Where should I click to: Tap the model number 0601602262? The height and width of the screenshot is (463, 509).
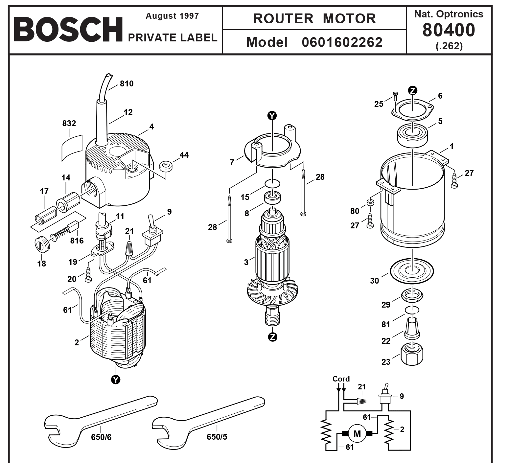(x=342, y=42)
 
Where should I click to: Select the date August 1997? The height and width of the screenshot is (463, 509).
(x=172, y=16)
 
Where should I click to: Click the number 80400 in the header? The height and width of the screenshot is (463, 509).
(x=449, y=30)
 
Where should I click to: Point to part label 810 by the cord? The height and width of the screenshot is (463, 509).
(x=127, y=83)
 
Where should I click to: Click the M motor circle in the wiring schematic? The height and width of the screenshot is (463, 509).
(x=357, y=434)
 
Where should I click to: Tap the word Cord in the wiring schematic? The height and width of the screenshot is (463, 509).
(x=341, y=379)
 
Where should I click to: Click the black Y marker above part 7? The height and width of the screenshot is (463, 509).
(x=272, y=115)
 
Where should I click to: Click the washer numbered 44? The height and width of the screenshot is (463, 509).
(x=166, y=166)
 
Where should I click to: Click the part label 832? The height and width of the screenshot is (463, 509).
(x=69, y=123)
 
